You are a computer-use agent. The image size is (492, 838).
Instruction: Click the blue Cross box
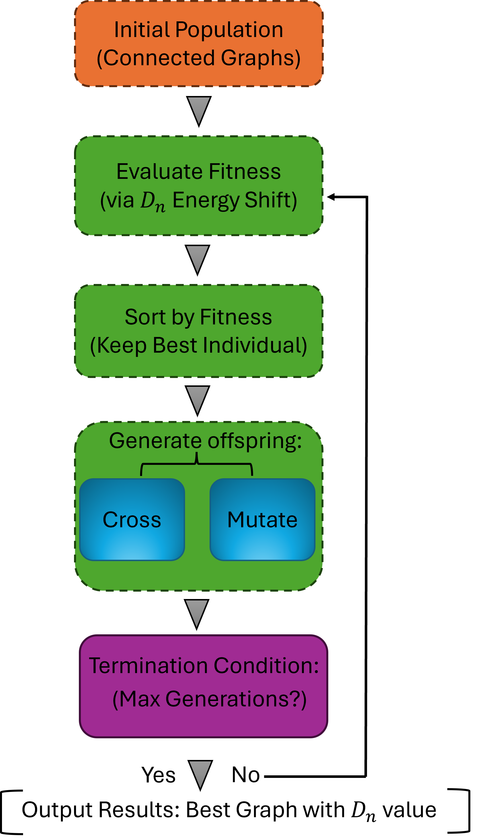tap(132, 520)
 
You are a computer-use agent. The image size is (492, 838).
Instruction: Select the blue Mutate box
tap(262, 520)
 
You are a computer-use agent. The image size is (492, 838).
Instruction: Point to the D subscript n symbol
tap(152, 201)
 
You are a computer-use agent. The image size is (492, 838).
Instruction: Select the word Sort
tap(145, 317)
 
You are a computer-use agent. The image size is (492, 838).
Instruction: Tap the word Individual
tap(255, 345)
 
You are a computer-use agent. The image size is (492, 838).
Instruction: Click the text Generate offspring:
tap(205, 441)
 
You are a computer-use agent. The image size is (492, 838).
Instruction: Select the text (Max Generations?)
tap(210, 699)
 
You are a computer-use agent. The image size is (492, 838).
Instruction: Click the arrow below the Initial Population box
tap(199, 110)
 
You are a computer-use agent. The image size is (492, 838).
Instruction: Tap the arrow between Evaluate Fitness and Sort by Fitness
tap(198, 259)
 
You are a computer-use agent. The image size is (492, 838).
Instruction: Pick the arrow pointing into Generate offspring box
tap(198, 399)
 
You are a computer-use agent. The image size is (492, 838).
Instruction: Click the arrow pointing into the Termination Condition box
tap(197, 613)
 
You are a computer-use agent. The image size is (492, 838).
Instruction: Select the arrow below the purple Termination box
tap(200, 774)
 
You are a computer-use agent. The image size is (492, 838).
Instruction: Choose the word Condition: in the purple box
tap(266, 666)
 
